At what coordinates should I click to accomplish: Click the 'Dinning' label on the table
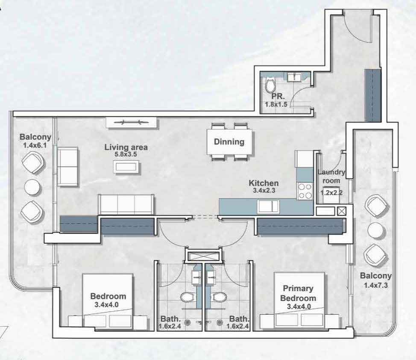point(229,142)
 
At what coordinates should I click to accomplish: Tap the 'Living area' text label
point(126,148)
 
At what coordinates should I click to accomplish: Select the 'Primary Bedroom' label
point(298,293)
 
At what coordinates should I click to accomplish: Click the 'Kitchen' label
point(264,183)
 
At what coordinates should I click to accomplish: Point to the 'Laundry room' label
point(331,176)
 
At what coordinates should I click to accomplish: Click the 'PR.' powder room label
point(270,97)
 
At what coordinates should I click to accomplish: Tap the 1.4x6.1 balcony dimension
point(35,145)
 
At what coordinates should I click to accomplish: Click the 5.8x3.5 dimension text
point(126,155)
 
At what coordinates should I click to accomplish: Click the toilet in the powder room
point(270,85)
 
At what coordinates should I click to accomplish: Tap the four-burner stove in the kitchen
point(305,191)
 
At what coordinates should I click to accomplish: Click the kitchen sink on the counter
point(269,207)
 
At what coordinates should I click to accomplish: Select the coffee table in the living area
point(126,166)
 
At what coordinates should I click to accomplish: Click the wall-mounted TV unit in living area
point(132,123)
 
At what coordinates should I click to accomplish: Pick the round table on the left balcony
point(32,187)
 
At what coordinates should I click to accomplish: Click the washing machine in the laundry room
point(331,193)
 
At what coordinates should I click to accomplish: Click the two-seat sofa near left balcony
point(67,167)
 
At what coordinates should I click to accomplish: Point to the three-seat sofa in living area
point(126,204)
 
